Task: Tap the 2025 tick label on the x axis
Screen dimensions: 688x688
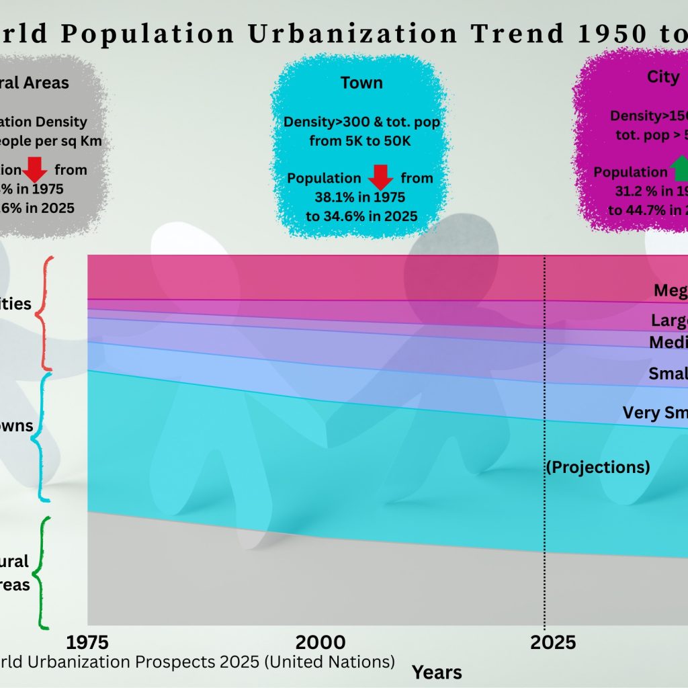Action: (553, 642)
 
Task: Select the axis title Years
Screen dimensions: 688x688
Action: (437, 672)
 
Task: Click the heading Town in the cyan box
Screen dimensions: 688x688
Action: (361, 83)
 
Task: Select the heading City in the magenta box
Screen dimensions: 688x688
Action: (662, 77)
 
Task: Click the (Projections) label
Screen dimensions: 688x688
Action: (598, 466)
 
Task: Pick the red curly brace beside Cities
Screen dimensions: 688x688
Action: (44, 312)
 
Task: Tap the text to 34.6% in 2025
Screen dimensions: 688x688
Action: (361, 216)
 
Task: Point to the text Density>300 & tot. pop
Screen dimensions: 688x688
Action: (361, 122)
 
